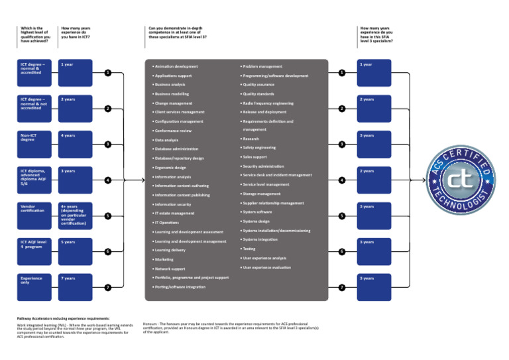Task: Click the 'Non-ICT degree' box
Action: coord(36,145)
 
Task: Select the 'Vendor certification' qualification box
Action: coord(36,216)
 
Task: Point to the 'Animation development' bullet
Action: coord(176,66)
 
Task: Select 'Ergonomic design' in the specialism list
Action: coord(170,168)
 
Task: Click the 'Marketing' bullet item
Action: coord(164,259)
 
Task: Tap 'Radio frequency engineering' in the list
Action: coord(268,103)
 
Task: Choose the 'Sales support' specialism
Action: coord(256,156)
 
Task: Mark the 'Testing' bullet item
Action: coord(249,249)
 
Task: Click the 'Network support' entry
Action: coord(170,269)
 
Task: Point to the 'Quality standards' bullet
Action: coord(258,94)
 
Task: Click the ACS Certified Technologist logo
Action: coord(461,180)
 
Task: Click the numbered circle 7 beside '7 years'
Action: coord(107,288)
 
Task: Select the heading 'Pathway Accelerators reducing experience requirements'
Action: coord(63,319)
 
